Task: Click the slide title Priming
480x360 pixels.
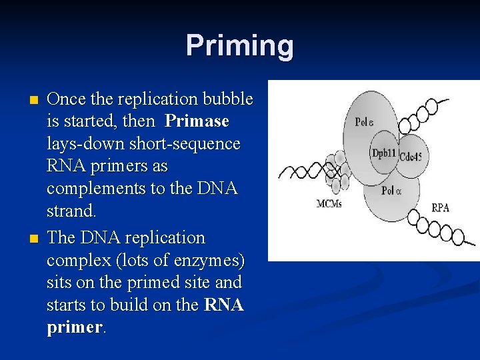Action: tap(239, 45)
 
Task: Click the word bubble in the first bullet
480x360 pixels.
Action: tap(230, 99)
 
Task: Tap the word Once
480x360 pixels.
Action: tap(67, 99)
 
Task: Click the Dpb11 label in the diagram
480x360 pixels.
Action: tap(384, 153)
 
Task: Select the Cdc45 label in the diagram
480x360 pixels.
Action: tap(417, 157)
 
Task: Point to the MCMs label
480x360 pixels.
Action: tap(329, 203)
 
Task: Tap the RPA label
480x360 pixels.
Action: tap(441, 207)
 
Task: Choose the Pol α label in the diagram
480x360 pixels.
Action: tap(393, 191)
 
